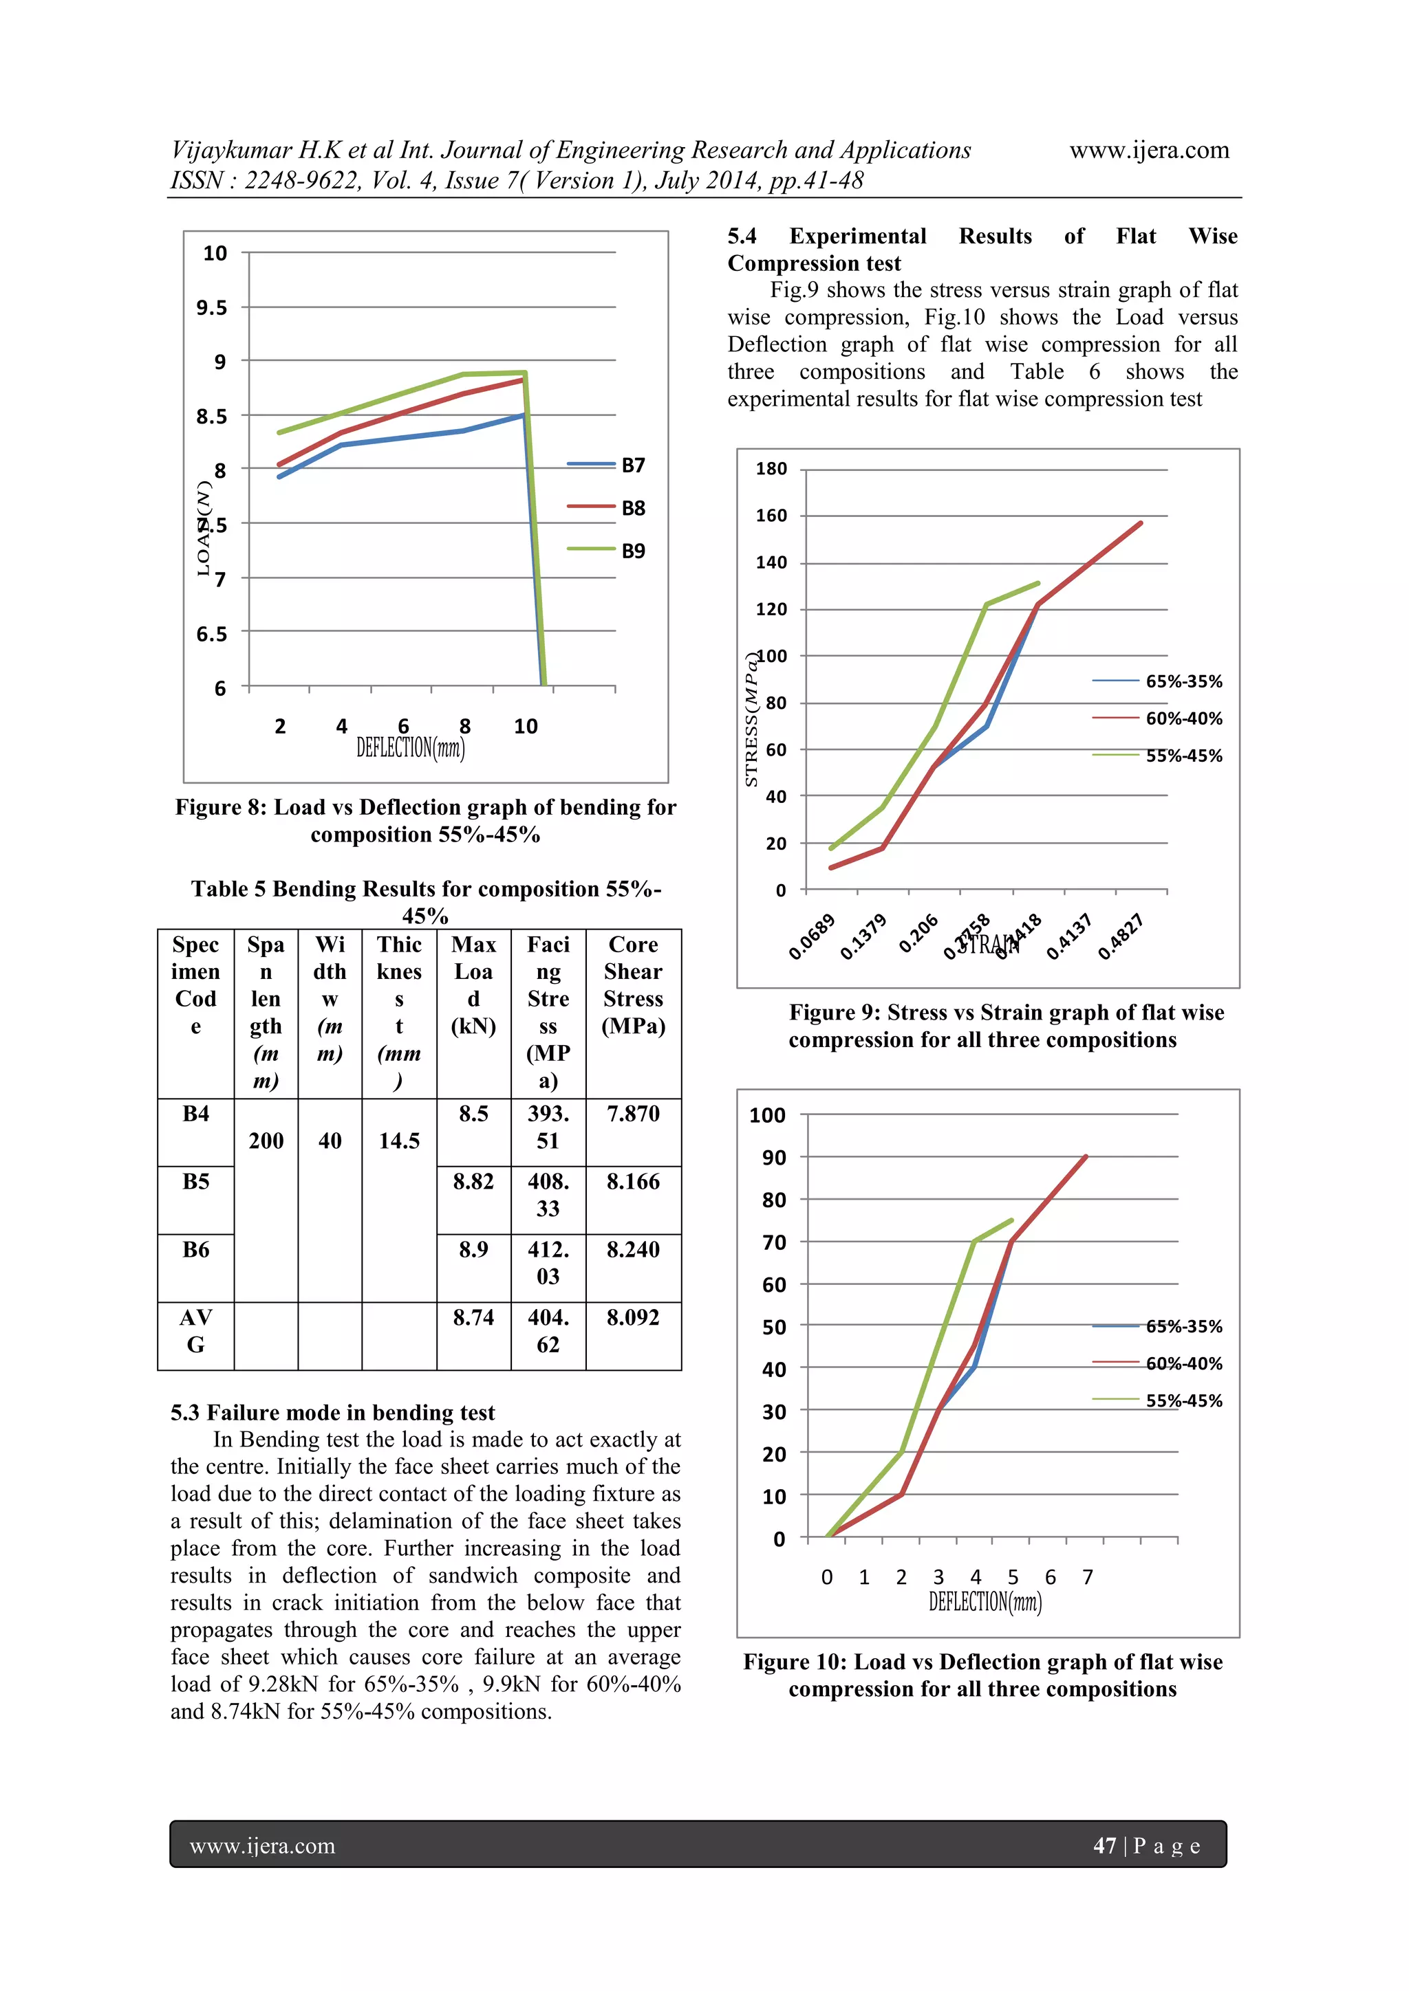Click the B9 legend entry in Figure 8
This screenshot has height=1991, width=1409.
(632, 551)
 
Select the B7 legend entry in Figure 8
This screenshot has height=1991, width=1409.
(632, 465)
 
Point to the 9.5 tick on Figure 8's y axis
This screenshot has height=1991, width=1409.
(212, 308)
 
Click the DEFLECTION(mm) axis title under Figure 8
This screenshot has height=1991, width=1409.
(410, 747)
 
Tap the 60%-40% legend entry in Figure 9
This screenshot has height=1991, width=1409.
(1183, 718)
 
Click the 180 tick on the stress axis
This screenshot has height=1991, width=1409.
(771, 469)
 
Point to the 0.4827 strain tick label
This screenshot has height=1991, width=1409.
(1120, 936)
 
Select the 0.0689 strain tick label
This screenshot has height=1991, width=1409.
(811, 936)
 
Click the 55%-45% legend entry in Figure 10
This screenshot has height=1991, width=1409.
(1183, 1400)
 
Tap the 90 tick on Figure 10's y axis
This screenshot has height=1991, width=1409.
(773, 1158)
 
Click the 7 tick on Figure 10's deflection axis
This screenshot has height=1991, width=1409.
(1087, 1576)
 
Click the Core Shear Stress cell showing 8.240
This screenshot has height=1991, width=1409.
(634, 1250)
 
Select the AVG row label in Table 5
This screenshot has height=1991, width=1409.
(196, 1331)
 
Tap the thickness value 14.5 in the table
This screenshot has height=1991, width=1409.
(399, 1141)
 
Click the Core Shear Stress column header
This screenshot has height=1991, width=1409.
(634, 985)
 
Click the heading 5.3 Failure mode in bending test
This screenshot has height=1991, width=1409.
(332, 1413)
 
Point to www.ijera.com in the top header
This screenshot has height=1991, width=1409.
(1149, 150)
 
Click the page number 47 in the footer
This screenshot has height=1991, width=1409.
(1104, 1845)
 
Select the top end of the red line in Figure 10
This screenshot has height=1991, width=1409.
(1086, 1157)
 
